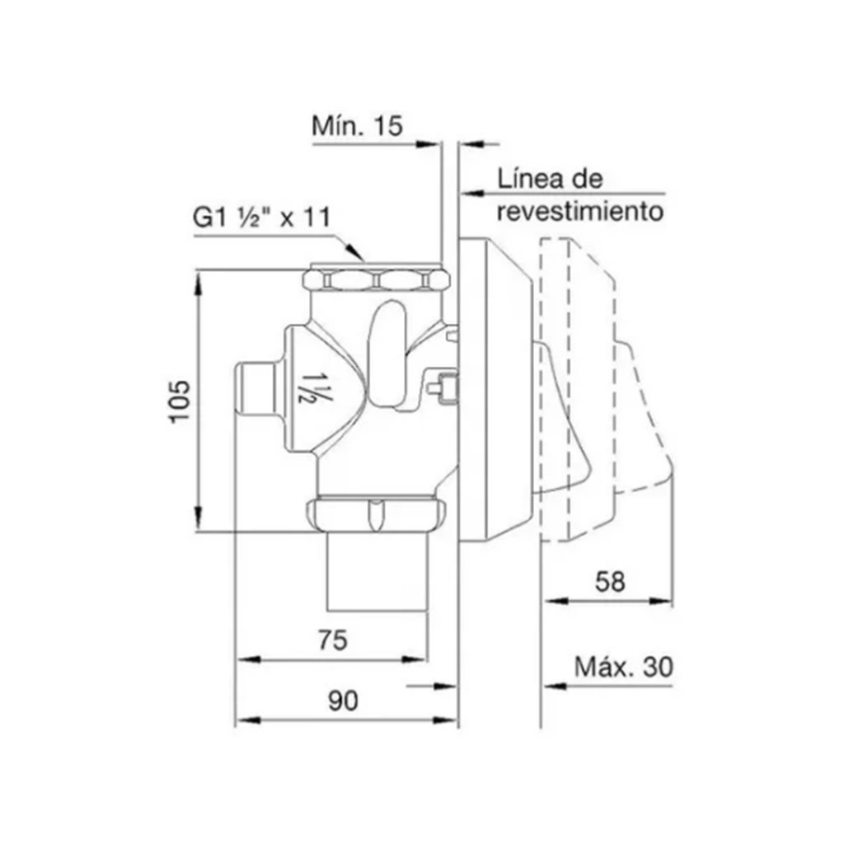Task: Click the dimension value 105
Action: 180,401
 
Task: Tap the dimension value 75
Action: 333,640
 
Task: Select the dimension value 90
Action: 343,701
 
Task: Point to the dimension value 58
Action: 610,582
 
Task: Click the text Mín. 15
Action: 357,125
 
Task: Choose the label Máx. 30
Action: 623,667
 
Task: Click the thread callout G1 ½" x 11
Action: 261,217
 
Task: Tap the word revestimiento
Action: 579,212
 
